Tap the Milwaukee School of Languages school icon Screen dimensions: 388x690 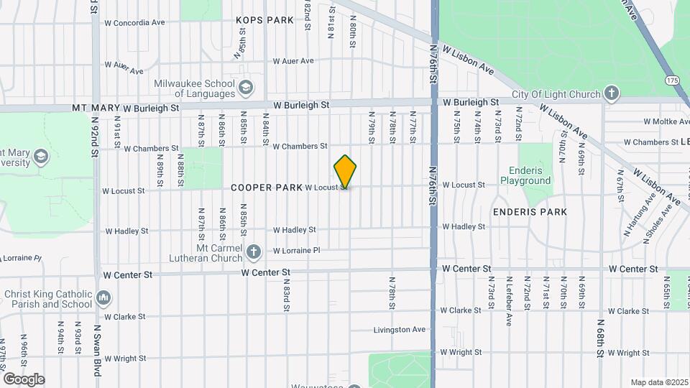click(246, 88)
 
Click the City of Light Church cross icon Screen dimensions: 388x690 click(611, 93)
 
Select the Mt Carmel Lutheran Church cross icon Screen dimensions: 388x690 click(253, 251)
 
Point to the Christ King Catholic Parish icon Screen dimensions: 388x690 click(103, 297)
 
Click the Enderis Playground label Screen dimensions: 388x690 click(530, 176)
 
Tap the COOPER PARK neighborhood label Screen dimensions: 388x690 click(266, 188)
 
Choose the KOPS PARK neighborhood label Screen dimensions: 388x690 click(264, 20)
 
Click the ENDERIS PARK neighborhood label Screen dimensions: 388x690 click(530, 212)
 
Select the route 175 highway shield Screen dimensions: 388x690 click(672, 80)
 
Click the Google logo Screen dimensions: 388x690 click(24, 379)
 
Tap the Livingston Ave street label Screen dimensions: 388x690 click(400, 330)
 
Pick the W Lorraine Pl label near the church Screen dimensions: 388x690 click(296, 250)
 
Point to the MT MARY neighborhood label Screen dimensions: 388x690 click(95, 108)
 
